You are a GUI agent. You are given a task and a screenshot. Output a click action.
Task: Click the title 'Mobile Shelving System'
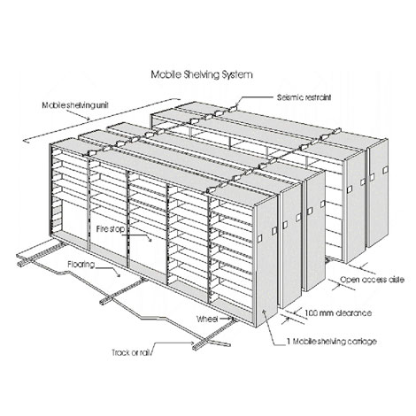click(202, 74)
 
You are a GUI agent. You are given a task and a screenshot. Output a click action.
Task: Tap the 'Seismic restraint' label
click(304, 97)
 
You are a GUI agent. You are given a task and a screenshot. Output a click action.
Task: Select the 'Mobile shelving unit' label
click(75, 105)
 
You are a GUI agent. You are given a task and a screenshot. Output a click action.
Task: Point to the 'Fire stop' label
click(111, 228)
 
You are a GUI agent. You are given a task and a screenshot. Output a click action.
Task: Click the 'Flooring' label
click(81, 265)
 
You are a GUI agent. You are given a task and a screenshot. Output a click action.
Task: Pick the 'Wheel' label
click(207, 319)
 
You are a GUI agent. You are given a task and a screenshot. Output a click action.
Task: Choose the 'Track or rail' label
click(131, 352)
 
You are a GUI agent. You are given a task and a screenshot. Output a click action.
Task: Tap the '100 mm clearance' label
click(338, 312)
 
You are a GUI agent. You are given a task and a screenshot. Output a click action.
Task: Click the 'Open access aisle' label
click(372, 279)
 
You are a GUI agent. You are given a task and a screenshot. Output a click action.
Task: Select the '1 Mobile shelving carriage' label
click(332, 342)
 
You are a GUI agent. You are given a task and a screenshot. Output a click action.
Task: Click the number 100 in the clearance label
click(311, 312)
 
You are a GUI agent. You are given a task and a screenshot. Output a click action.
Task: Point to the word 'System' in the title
click(237, 74)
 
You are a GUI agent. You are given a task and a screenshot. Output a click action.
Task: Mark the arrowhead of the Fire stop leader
click(150, 240)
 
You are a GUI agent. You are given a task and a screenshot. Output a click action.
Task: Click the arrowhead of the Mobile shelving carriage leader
click(264, 312)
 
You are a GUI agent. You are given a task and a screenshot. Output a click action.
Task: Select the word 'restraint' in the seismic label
click(318, 97)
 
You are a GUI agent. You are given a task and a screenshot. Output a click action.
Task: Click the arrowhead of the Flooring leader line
click(119, 275)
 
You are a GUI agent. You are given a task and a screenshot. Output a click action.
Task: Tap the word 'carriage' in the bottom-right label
click(362, 342)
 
